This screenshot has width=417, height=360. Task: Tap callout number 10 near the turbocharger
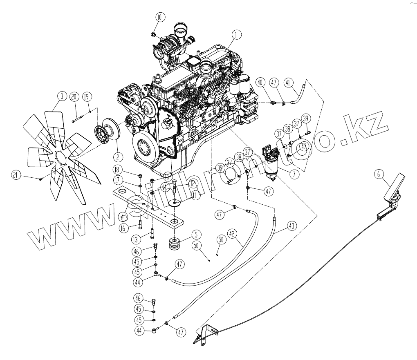click(159, 17)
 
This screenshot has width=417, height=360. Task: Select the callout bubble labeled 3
click(61, 96)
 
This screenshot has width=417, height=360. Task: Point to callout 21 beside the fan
click(16, 176)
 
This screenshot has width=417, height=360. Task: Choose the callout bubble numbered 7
click(293, 174)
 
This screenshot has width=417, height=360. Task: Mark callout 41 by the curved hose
click(289, 83)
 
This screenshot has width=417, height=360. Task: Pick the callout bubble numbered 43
click(292, 225)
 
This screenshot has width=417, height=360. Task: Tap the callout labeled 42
click(232, 234)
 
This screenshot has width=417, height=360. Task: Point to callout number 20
click(74, 97)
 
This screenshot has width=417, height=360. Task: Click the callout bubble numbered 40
click(260, 83)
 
